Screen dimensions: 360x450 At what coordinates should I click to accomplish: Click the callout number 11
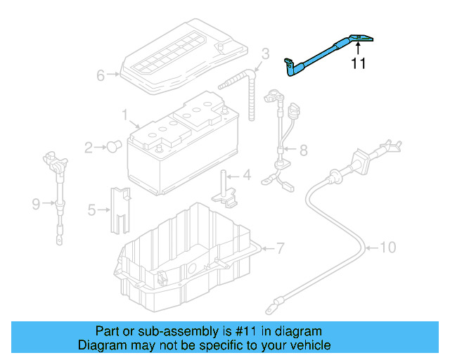coord(359,64)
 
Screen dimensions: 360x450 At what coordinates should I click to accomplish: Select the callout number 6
coord(100,75)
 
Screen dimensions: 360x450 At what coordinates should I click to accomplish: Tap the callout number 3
coord(265,53)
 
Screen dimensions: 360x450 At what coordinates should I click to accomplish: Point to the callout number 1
coord(124,114)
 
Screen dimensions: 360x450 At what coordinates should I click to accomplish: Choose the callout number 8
coord(303,150)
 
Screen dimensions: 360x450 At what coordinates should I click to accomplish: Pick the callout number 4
coord(246,174)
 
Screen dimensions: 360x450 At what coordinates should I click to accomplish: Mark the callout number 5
coord(91,210)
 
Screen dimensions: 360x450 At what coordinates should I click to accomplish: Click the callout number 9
coord(36,204)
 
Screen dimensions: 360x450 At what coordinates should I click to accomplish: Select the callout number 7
coord(279,248)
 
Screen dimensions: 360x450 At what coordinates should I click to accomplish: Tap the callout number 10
coord(388,247)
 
